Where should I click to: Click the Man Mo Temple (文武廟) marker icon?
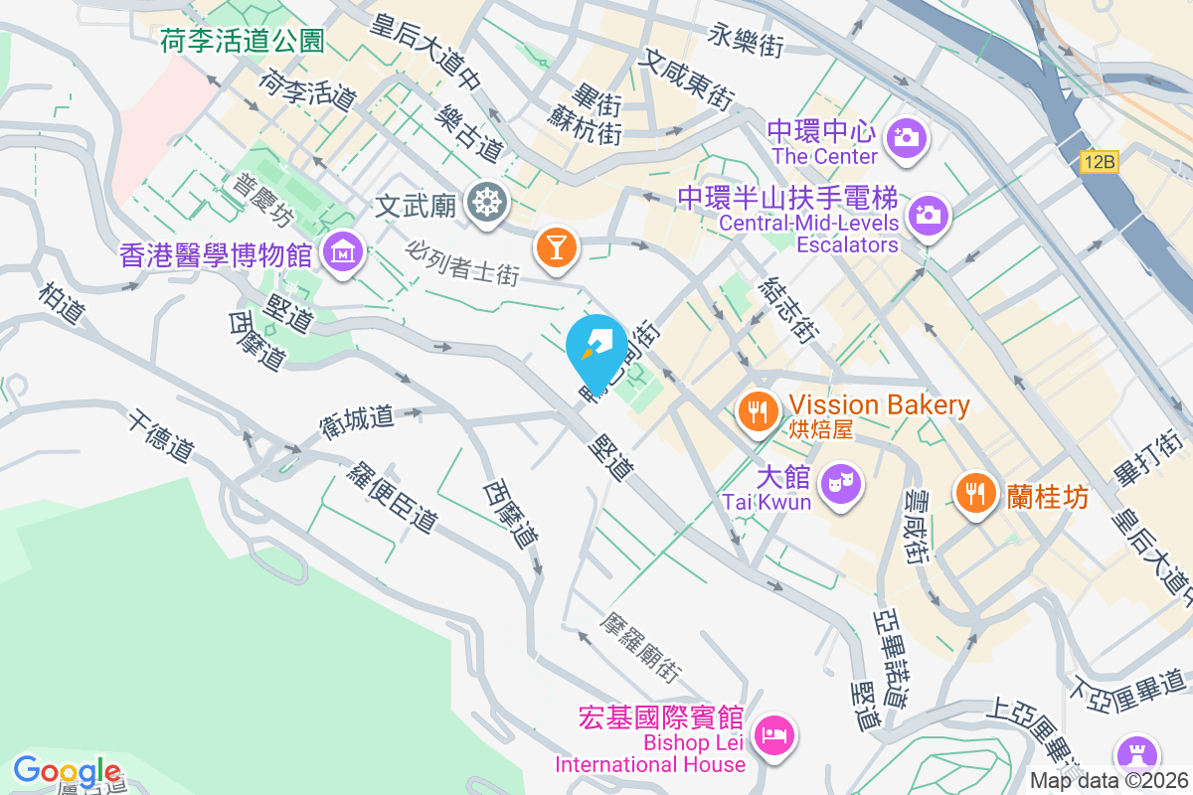click(487, 203)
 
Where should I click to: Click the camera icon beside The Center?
click(905, 137)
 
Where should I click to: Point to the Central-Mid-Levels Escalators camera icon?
click(929, 214)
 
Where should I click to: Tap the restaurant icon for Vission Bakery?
click(759, 409)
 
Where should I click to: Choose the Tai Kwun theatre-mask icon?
click(841, 485)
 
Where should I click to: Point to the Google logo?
click(67, 771)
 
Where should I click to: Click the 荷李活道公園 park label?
click(243, 41)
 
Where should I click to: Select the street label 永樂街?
click(747, 41)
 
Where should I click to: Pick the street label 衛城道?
click(356, 418)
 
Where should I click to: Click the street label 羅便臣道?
click(394, 496)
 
